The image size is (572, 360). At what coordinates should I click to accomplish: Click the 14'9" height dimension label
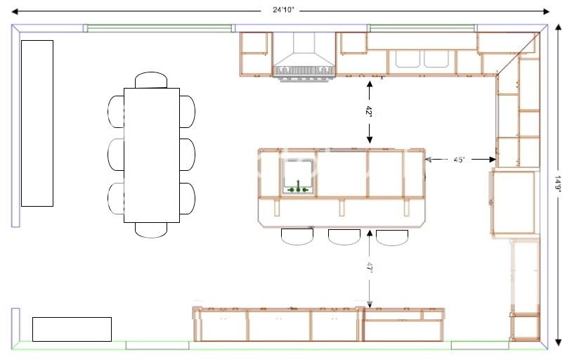coord(559,183)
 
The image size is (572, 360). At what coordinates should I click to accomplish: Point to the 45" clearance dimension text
coord(459,160)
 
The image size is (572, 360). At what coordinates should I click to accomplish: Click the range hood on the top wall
coord(304,56)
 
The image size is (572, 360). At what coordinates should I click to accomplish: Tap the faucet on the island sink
coord(299,188)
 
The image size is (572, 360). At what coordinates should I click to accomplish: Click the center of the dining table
coord(151,155)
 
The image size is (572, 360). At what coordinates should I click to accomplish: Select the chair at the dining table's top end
coord(151,79)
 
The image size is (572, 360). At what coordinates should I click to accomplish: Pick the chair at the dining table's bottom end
coord(151,230)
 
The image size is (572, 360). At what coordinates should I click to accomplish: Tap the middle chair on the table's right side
coord(187,155)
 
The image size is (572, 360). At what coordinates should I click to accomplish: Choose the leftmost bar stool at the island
coord(297,236)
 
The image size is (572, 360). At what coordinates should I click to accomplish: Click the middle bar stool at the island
coord(344,236)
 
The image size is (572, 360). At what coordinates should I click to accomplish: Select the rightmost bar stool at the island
coord(391,237)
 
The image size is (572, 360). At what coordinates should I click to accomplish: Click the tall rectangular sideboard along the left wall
coord(37,123)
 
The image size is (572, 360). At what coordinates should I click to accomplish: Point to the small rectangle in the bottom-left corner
coord(72,329)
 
